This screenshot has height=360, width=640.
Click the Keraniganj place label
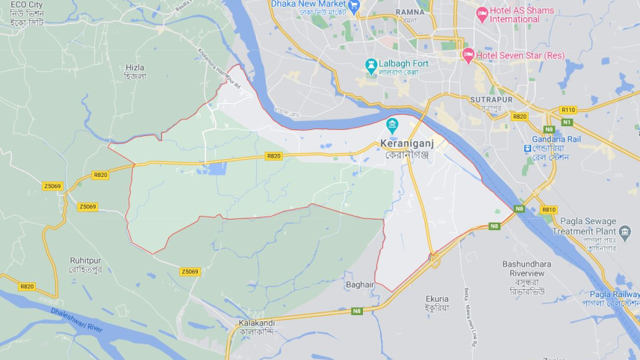pos(406,143)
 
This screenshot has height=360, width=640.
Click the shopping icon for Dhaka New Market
pos(354,5)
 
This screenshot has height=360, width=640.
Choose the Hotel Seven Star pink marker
pos(468,54)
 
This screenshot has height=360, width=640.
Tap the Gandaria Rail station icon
pos(528,148)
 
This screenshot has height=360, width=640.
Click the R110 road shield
pos(568,110)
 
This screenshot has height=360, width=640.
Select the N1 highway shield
pos(567,122)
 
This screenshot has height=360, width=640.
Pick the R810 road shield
pos(549,210)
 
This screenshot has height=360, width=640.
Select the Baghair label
pos(359,285)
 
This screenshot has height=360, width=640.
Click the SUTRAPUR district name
pos(491,99)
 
